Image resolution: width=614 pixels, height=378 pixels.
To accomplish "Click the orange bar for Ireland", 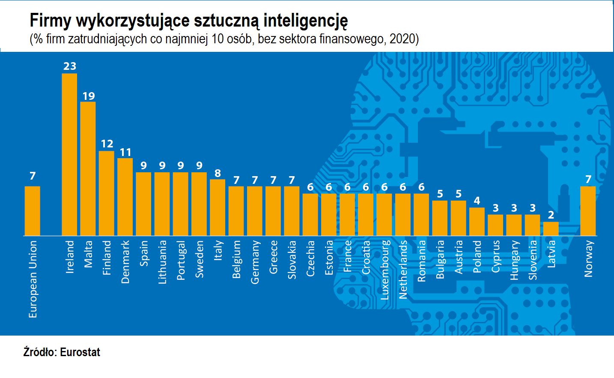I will pyautogui.click(x=69, y=154).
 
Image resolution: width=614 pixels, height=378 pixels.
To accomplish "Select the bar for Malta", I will pyautogui.click(x=88, y=168).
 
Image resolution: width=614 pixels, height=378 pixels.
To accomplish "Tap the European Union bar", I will pyautogui.click(x=33, y=211).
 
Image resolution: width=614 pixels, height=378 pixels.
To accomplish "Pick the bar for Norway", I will pyautogui.click(x=587, y=211).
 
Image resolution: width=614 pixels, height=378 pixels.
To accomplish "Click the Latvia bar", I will pyautogui.click(x=551, y=228).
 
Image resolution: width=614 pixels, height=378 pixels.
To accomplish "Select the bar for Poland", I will pyautogui.click(x=477, y=222).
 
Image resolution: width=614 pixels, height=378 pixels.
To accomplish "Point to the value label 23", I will pyautogui.click(x=69, y=66).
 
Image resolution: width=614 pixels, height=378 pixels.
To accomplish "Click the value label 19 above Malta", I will pyautogui.click(x=88, y=96).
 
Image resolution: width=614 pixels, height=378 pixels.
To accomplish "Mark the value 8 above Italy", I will pyautogui.click(x=218, y=173).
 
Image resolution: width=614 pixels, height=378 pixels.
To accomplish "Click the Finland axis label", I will pyautogui.click(x=107, y=258).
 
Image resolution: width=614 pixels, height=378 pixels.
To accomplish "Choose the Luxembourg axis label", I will pyautogui.click(x=384, y=270).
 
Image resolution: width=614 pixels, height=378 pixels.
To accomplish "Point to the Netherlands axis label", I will pyautogui.click(x=403, y=269).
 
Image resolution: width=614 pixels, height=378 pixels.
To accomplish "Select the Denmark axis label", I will pyautogui.click(x=125, y=262).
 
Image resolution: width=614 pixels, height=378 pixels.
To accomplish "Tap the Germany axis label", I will pyautogui.click(x=255, y=262).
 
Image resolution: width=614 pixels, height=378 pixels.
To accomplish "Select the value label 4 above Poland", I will pyautogui.click(x=477, y=201).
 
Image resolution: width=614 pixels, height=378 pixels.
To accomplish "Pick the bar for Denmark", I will pyautogui.click(x=125, y=197).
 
